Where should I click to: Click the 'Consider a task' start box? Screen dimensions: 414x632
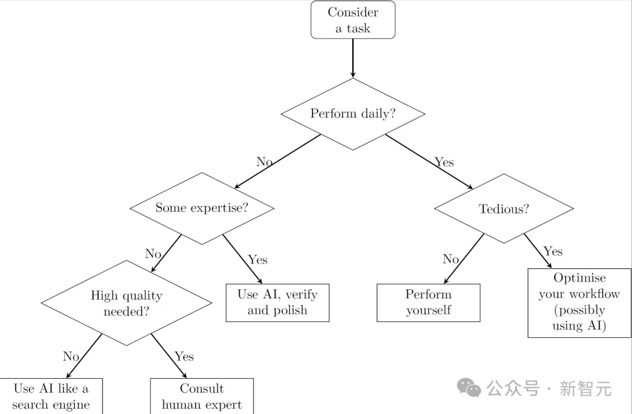pos(353,20)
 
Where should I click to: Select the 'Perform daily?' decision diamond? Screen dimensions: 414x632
pos(353,114)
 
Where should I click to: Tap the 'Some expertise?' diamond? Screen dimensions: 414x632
pos(201,208)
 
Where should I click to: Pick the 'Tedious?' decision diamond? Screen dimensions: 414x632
pos(504,208)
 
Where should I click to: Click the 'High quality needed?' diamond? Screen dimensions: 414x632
pos(126,303)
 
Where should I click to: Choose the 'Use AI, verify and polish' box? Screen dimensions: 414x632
pos(277,303)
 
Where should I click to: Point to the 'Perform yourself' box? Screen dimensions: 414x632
pos(428,303)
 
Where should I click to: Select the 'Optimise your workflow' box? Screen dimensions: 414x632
pos(579,302)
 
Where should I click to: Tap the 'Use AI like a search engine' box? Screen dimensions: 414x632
pos(51,396)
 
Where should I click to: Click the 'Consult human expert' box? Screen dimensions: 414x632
pos(202,396)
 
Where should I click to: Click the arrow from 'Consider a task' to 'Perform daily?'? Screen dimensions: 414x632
pos(353,58)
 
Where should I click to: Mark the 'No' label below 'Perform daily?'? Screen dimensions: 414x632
pos(265,162)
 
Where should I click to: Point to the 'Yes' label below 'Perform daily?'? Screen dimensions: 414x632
pos(444,162)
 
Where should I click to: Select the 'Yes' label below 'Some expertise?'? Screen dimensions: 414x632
pos(257,259)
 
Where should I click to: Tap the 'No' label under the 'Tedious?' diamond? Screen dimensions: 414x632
pos(451,259)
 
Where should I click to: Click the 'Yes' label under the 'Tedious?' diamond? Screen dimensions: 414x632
pos(553,251)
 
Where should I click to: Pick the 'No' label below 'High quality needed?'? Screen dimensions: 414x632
pos(71,356)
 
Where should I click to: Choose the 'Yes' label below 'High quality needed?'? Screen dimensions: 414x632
pos(184,356)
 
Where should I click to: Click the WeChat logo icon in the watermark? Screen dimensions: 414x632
pos(470,387)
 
